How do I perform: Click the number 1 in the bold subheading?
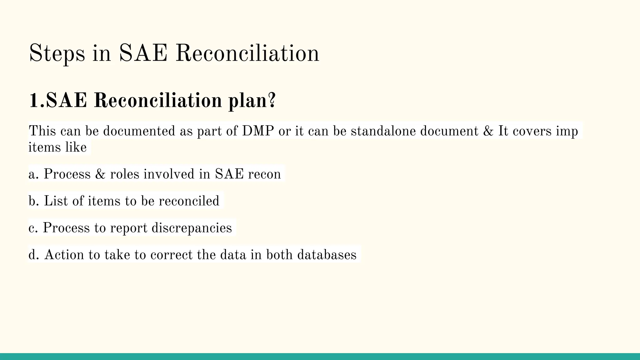pyautogui.click(x=34, y=101)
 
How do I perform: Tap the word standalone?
pyautogui.click(x=383, y=131)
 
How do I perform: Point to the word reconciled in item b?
pyautogui.click(x=189, y=201)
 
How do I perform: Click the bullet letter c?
pyautogui.click(x=32, y=228)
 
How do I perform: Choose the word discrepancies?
pyautogui.click(x=192, y=228)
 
